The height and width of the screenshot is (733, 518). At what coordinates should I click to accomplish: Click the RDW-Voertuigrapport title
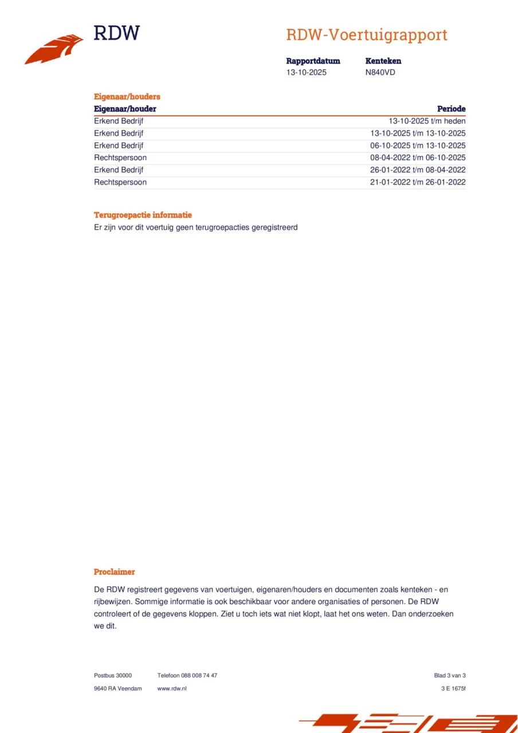click(x=366, y=35)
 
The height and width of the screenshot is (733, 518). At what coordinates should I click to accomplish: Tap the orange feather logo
click(x=54, y=49)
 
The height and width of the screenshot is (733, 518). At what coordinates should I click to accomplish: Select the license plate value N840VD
click(x=380, y=73)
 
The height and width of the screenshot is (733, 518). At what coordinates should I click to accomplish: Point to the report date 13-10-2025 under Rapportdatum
click(x=306, y=73)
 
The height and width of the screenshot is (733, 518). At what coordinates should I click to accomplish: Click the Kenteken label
click(x=383, y=61)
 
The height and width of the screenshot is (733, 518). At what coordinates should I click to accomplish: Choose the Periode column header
click(x=451, y=109)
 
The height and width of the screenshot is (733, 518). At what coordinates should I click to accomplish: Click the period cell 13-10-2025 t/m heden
click(x=427, y=121)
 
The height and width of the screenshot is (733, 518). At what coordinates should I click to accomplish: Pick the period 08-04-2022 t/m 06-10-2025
click(x=418, y=157)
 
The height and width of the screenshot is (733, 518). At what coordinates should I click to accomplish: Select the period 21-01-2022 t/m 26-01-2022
click(x=418, y=182)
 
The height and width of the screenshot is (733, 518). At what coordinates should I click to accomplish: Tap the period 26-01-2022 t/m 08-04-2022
click(x=418, y=170)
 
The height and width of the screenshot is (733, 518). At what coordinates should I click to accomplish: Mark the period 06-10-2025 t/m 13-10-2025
click(x=418, y=145)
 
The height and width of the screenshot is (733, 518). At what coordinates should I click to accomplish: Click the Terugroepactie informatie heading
click(x=143, y=215)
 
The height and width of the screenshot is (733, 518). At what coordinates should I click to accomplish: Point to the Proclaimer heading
click(x=115, y=572)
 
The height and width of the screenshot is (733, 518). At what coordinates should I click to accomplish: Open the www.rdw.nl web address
click(x=172, y=688)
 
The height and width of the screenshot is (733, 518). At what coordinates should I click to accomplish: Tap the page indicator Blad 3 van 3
click(x=450, y=676)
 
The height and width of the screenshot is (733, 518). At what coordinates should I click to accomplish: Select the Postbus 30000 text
click(x=113, y=676)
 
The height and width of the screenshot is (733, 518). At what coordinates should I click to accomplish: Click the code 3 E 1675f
click(x=449, y=688)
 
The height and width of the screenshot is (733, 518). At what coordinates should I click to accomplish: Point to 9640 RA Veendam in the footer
click(x=117, y=688)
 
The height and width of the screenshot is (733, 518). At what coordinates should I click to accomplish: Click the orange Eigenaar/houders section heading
click(x=127, y=97)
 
